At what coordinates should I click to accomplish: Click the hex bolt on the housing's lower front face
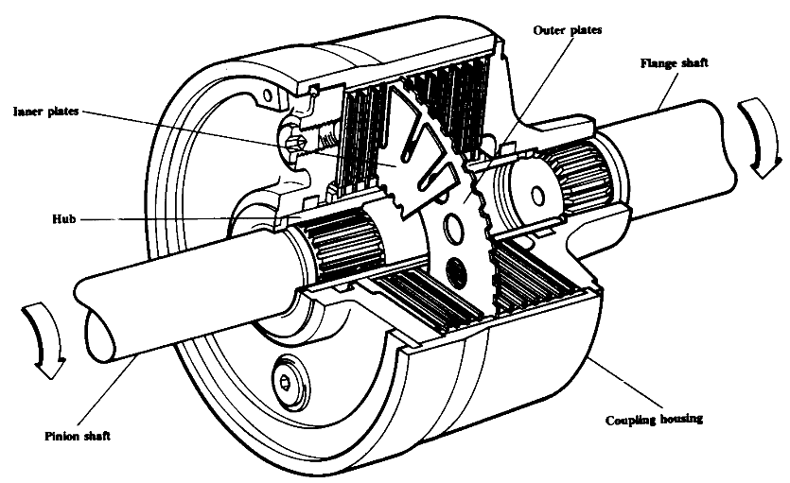286,380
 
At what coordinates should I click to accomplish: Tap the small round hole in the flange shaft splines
542,197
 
